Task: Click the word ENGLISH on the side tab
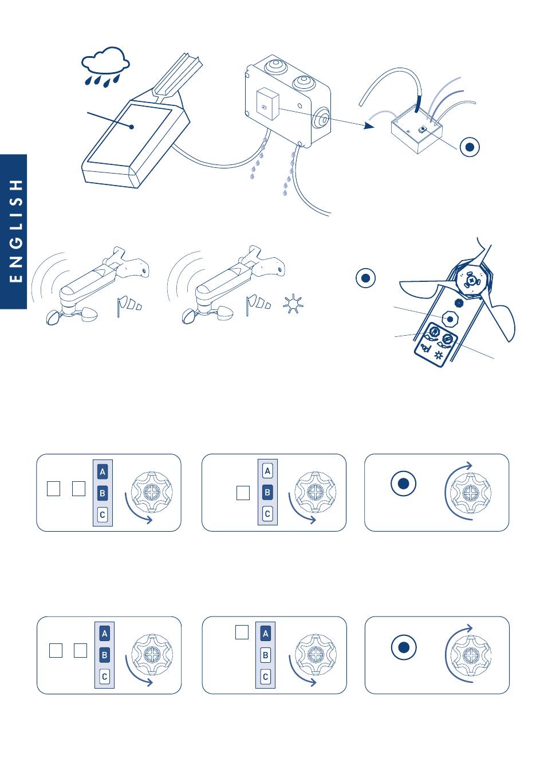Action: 17,230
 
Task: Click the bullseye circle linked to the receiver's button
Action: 470,147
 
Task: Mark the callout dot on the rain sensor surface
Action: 132,127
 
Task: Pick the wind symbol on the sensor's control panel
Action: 425,347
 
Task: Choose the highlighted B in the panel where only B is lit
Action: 267,492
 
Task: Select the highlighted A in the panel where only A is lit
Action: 265,634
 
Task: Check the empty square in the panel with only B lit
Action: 243,493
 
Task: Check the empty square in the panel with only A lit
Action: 242,632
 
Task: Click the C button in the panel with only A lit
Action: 265,677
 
